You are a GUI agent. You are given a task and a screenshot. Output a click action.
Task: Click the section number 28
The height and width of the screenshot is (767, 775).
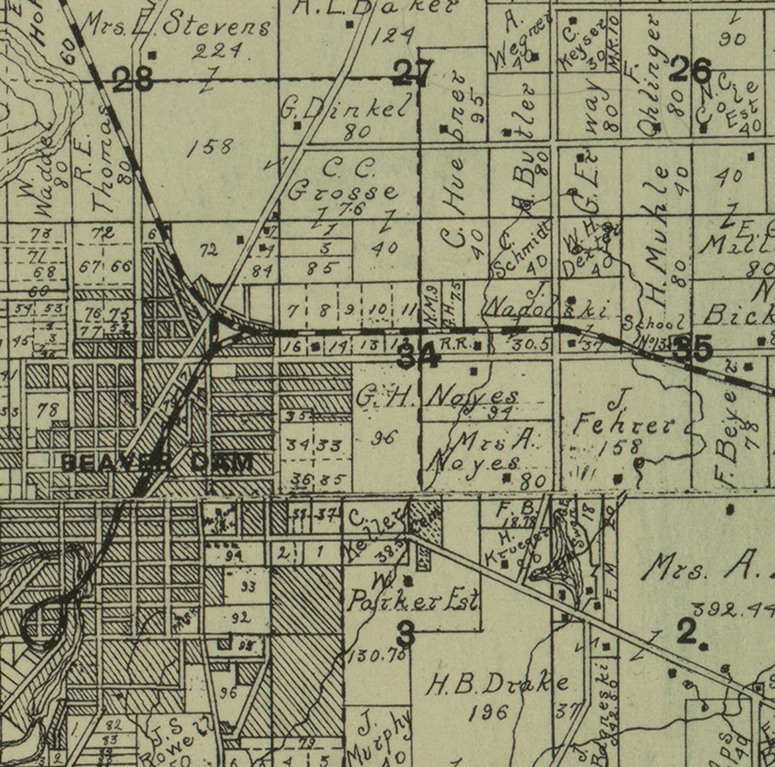133,79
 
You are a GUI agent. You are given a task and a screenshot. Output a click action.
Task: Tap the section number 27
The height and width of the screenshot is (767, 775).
413,73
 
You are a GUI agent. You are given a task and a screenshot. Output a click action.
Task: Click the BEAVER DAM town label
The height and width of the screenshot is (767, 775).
158,463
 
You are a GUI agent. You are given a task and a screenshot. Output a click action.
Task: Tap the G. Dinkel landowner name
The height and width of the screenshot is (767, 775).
344,110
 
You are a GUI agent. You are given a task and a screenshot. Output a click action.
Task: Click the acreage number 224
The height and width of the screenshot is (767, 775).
217,51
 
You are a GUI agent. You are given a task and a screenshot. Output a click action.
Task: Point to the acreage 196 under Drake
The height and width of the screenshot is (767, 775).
489,713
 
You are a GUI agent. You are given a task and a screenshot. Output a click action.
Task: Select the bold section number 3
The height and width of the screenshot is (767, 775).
406,634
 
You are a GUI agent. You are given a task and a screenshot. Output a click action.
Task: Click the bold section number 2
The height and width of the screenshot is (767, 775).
688,633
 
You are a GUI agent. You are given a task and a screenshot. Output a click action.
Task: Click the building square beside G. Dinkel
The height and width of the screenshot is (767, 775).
297,126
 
